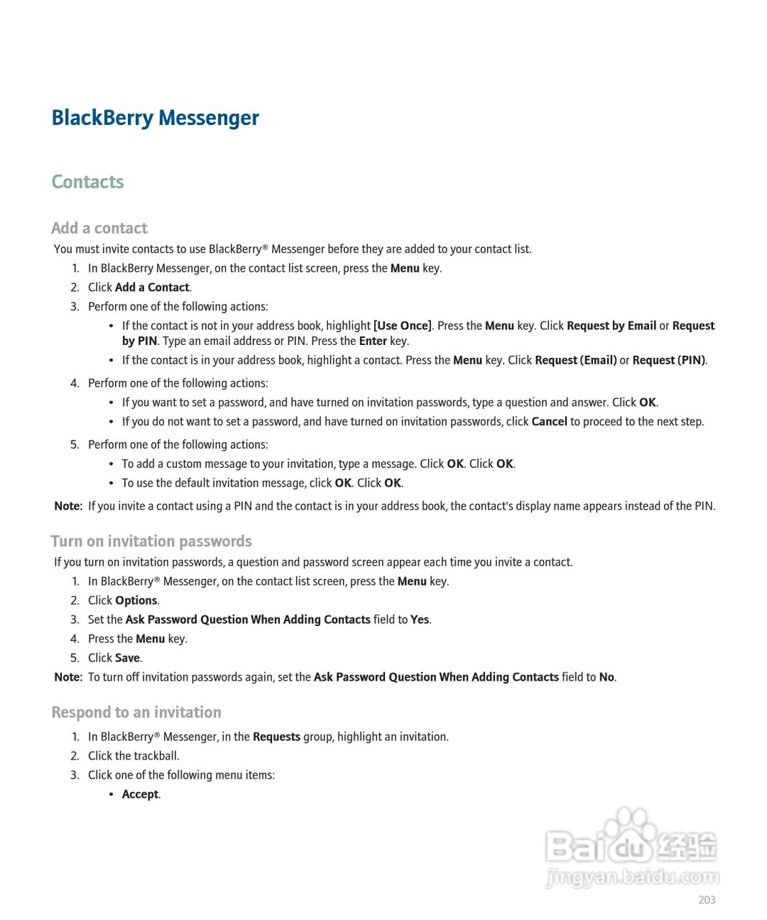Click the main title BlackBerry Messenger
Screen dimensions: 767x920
(x=155, y=118)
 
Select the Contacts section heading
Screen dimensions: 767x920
(x=87, y=182)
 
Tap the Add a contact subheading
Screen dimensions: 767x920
(x=99, y=228)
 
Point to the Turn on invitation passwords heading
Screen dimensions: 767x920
(x=151, y=541)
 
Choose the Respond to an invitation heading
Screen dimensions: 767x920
(x=136, y=712)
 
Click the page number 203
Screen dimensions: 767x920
(x=707, y=900)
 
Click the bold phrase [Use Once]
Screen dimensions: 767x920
(x=402, y=326)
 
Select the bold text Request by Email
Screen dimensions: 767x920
(x=611, y=326)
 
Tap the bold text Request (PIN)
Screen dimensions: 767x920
(x=668, y=360)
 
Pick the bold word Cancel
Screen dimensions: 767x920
(x=549, y=422)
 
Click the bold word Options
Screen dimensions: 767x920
(x=136, y=600)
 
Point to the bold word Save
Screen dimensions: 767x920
(x=127, y=658)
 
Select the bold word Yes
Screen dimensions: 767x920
(x=419, y=620)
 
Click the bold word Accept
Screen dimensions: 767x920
(x=140, y=794)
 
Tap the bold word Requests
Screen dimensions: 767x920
(x=276, y=737)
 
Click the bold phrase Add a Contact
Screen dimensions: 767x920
(x=152, y=287)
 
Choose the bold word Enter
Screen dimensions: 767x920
(x=373, y=341)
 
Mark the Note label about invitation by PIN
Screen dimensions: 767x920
(x=68, y=506)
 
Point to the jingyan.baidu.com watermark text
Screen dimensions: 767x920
(x=632, y=877)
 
